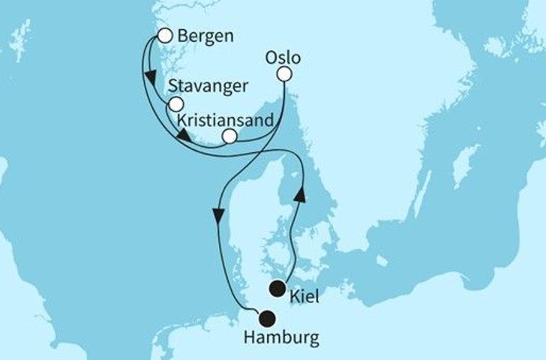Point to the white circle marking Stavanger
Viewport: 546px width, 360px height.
click(x=175, y=104)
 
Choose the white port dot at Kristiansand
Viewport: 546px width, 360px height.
click(x=229, y=135)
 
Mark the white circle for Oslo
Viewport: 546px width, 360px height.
click(x=284, y=73)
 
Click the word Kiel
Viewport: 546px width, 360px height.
click(x=306, y=298)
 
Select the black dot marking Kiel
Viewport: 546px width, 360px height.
click(x=278, y=286)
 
